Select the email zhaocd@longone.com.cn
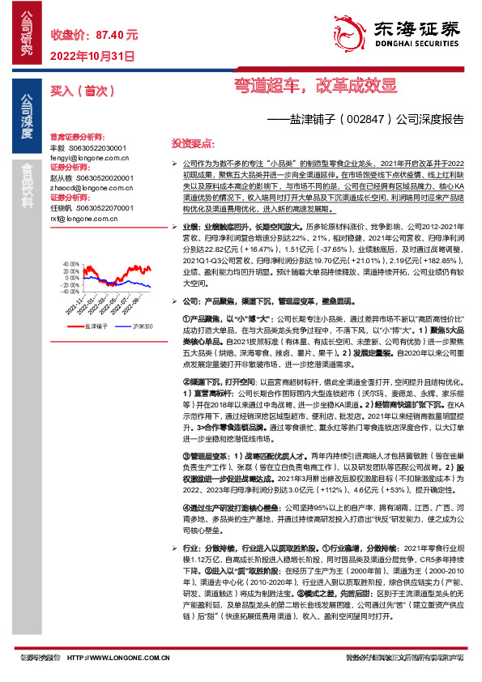pos(86,188)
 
